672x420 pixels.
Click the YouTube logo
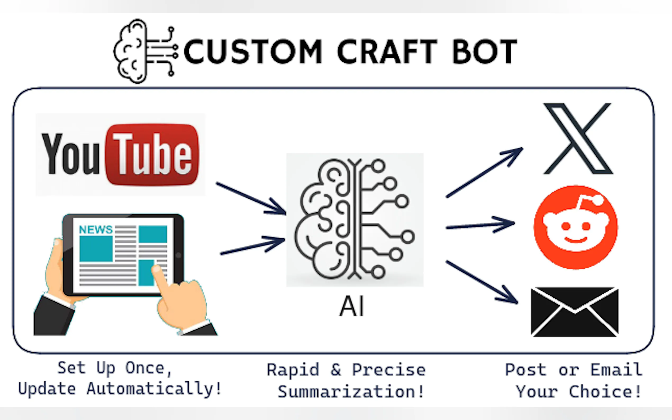(x=120, y=154)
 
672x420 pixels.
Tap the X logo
(x=578, y=138)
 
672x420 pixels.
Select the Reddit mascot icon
(x=576, y=227)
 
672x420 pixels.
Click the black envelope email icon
(x=574, y=312)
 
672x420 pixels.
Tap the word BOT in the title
(x=485, y=52)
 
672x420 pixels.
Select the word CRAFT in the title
(x=387, y=52)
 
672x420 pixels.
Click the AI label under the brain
(x=352, y=306)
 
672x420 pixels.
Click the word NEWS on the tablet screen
(x=96, y=230)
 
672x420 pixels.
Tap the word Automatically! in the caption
(x=154, y=389)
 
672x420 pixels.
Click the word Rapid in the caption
(x=293, y=370)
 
